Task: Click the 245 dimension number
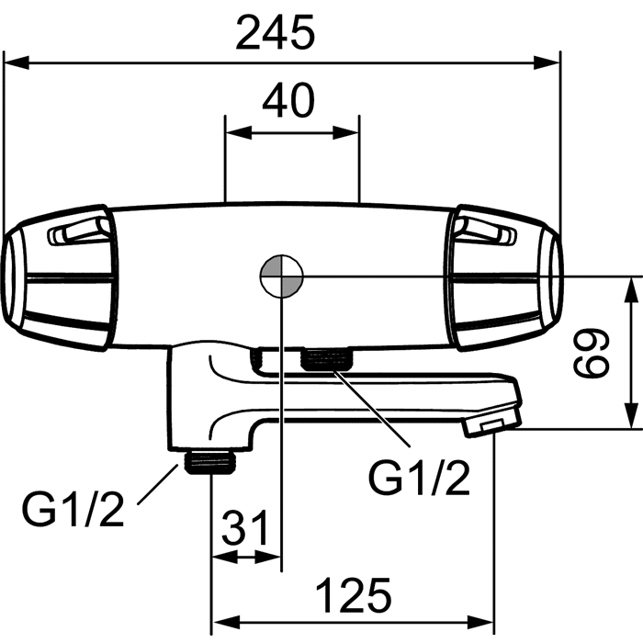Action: coord(276,32)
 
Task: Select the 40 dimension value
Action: coord(288,100)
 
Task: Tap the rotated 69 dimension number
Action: coord(592,353)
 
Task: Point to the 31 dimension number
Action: coord(245,527)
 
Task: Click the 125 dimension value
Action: coord(354,595)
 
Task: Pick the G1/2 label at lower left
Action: coord(73,509)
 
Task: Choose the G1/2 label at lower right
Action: coord(419,477)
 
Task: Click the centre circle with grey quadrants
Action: coord(282,276)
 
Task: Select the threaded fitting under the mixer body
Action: coord(326,358)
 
